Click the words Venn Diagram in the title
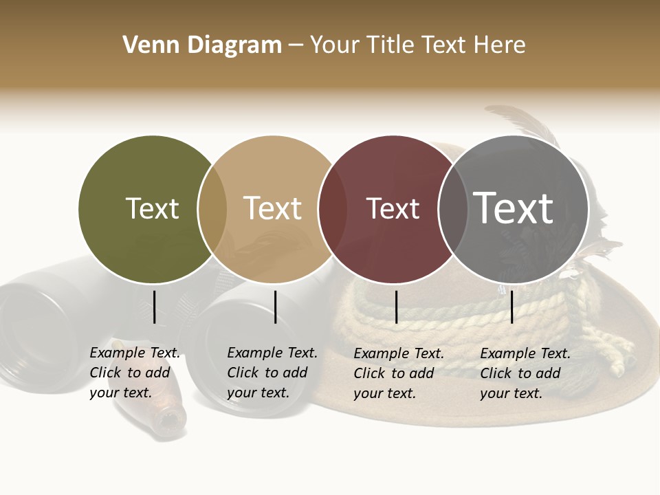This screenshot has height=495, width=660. pos(202,45)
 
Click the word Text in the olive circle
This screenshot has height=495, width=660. pos(152,209)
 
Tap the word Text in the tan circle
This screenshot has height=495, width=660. pos(273,209)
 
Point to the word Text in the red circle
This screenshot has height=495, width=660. pos(393,209)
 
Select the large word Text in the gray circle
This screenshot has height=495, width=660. pos(514,208)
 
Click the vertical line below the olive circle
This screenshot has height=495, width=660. pos(155,307)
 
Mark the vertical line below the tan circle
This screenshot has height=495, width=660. pos(275,307)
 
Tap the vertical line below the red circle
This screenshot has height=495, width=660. pos(397,307)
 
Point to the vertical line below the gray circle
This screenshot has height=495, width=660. pos(512,307)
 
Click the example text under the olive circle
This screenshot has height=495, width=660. pos(134,373)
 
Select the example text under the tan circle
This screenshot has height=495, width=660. pos(272,373)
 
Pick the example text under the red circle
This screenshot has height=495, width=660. pos(398,373)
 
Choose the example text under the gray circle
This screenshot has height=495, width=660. pos(525,373)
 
